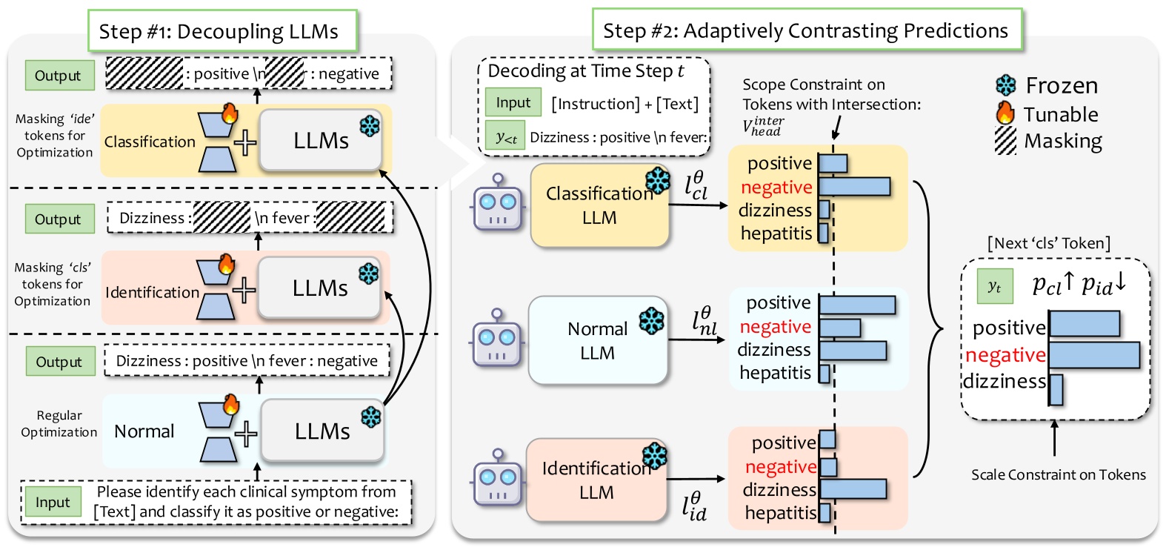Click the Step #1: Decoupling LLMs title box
(x=221, y=31)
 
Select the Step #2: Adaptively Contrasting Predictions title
(x=806, y=30)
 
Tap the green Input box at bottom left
(x=52, y=503)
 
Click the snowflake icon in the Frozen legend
(x=1006, y=86)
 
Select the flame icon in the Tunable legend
(x=1005, y=113)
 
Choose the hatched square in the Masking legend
(x=1005, y=141)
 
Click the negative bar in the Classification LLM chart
(x=854, y=187)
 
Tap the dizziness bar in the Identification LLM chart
(x=853, y=489)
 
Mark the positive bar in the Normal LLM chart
(x=857, y=305)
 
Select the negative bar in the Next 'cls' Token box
(x=1094, y=356)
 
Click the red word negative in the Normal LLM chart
(x=775, y=327)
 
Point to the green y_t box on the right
(x=994, y=287)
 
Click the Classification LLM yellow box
(x=599, y=205)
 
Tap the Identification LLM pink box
(x=596, y=480)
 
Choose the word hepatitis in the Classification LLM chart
(x=776, y=233)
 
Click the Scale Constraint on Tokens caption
(x=1058, y=475)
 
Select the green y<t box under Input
(x=506, y=137)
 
